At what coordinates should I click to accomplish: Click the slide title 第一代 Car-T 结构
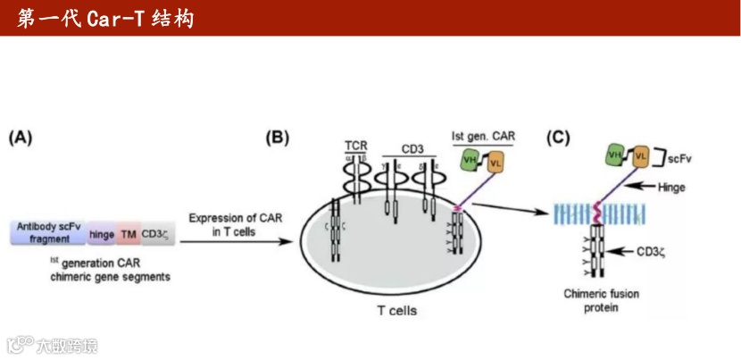click(105, 19)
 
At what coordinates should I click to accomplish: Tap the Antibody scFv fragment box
click(47, 234)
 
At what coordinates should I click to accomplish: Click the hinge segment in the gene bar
click(101, 234)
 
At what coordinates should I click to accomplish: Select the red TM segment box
click(129, 234)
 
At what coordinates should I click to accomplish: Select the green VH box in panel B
click(470, 161)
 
